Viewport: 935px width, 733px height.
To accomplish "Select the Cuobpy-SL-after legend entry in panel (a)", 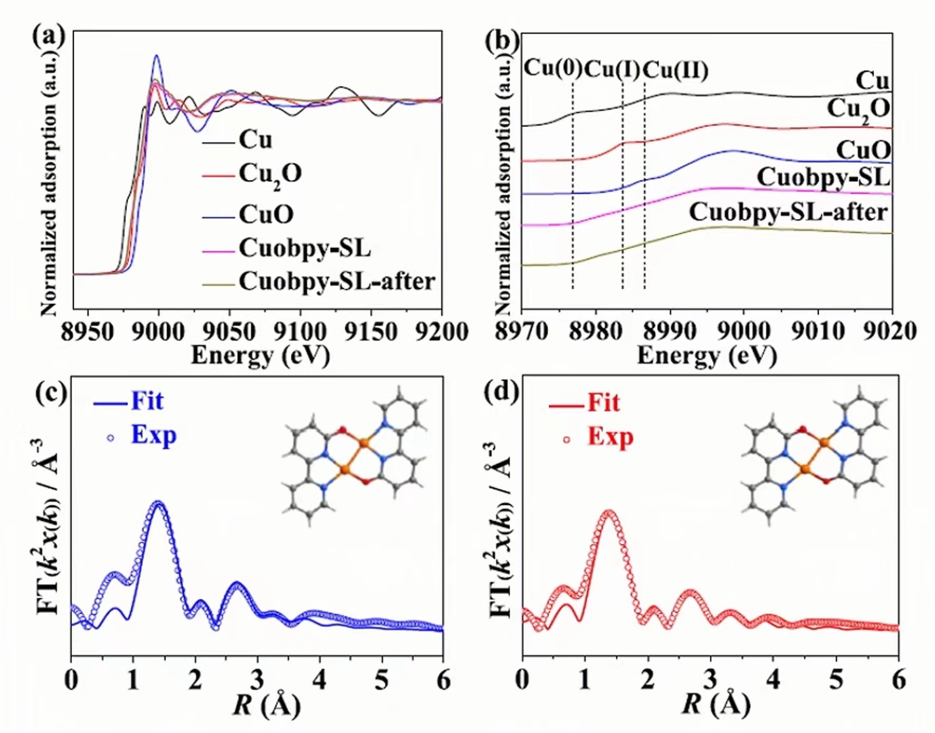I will [x=337, y=282].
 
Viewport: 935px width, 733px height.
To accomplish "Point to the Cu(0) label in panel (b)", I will [x=552, y=69].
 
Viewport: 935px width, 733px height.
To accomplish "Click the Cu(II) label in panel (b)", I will [x=675, y=70].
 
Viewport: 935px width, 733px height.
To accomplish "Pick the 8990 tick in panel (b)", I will [x=670, y=332].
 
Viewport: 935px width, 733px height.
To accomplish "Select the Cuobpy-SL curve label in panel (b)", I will [x=823, y=177].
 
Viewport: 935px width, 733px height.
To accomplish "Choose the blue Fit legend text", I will [x=147, y=401].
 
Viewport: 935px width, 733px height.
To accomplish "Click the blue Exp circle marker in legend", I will [x=111, y=438].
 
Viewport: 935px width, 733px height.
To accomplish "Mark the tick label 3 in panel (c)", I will [x=257, y=680].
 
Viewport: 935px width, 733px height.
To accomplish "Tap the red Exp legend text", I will [x=610, y=437].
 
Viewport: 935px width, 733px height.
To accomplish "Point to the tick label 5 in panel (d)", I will [x=836, y=680].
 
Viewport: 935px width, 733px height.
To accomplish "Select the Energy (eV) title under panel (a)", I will [x=260, y=355].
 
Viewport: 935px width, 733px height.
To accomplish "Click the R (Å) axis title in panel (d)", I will [x=715, y=705].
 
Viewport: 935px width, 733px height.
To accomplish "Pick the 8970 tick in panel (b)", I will [x=521, y=332].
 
